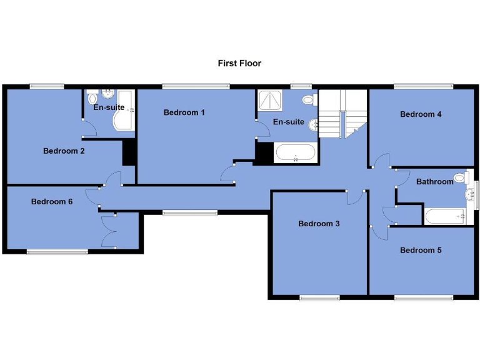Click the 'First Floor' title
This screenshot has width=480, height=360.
239,63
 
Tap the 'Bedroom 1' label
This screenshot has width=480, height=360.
184,112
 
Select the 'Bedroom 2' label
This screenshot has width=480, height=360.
64,151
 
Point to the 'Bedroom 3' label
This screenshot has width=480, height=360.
319,224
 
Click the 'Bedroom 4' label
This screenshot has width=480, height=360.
421,114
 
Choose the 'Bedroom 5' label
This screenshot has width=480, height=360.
421,250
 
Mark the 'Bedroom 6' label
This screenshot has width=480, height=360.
52,201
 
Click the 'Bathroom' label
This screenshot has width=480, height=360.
434,182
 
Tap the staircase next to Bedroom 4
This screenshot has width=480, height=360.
341,113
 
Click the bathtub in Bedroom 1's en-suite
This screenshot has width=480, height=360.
295,153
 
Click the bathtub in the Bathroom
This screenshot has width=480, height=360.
446,216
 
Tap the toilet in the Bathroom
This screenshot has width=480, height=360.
461,178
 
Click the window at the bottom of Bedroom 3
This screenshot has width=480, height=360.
319,297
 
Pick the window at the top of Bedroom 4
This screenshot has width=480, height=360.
422,86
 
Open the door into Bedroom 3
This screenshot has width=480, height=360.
354,197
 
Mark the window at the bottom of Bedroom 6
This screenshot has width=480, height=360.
57,252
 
